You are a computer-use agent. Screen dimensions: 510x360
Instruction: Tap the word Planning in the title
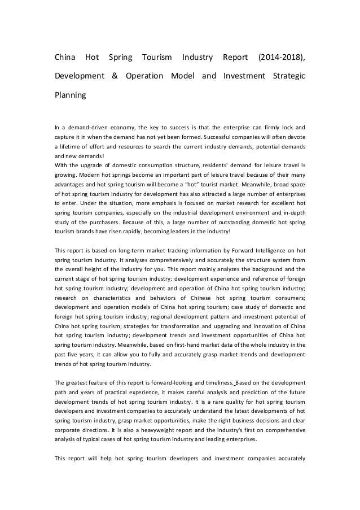pos(70,95)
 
